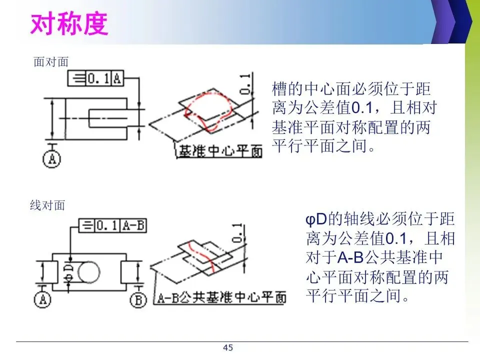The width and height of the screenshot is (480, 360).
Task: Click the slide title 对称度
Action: coord(69,23)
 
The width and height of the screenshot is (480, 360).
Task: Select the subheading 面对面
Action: coord(50,62)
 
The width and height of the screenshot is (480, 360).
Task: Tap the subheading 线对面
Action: coord(47,205)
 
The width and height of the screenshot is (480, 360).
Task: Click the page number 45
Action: coord(228,347)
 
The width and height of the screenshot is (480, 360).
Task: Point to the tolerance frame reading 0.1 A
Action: coord(95,78)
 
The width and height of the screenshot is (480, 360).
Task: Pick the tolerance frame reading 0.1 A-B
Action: coord(113,226)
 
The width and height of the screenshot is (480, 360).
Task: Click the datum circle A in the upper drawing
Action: coord(51,159)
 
